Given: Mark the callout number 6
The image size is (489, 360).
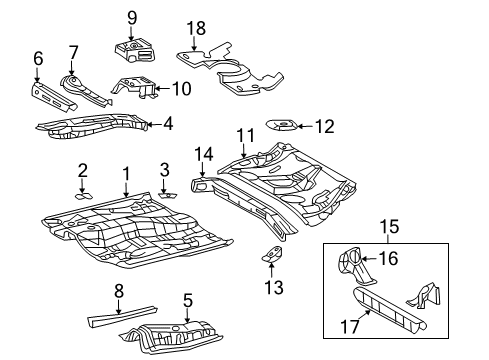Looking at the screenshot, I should pos(38,60).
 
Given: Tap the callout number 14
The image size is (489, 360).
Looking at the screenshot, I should pos(204,154).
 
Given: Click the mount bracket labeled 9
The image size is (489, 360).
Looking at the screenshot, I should pos(133,50).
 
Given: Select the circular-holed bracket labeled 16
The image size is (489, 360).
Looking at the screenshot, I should pos(353,263).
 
